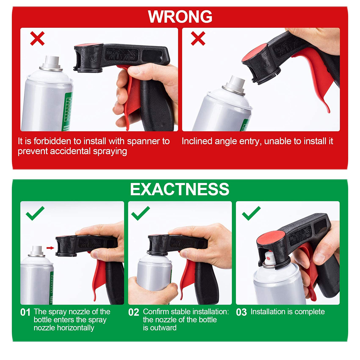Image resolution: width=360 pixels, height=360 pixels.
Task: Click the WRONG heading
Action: pos(180,17)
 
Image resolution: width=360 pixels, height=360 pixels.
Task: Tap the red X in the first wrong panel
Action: pos(37,38)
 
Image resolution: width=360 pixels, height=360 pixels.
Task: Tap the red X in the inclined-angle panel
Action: pos(198,38)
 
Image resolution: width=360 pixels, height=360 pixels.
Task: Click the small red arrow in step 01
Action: pos(50,247)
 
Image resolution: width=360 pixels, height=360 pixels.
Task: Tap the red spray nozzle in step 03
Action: pos(268,257)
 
